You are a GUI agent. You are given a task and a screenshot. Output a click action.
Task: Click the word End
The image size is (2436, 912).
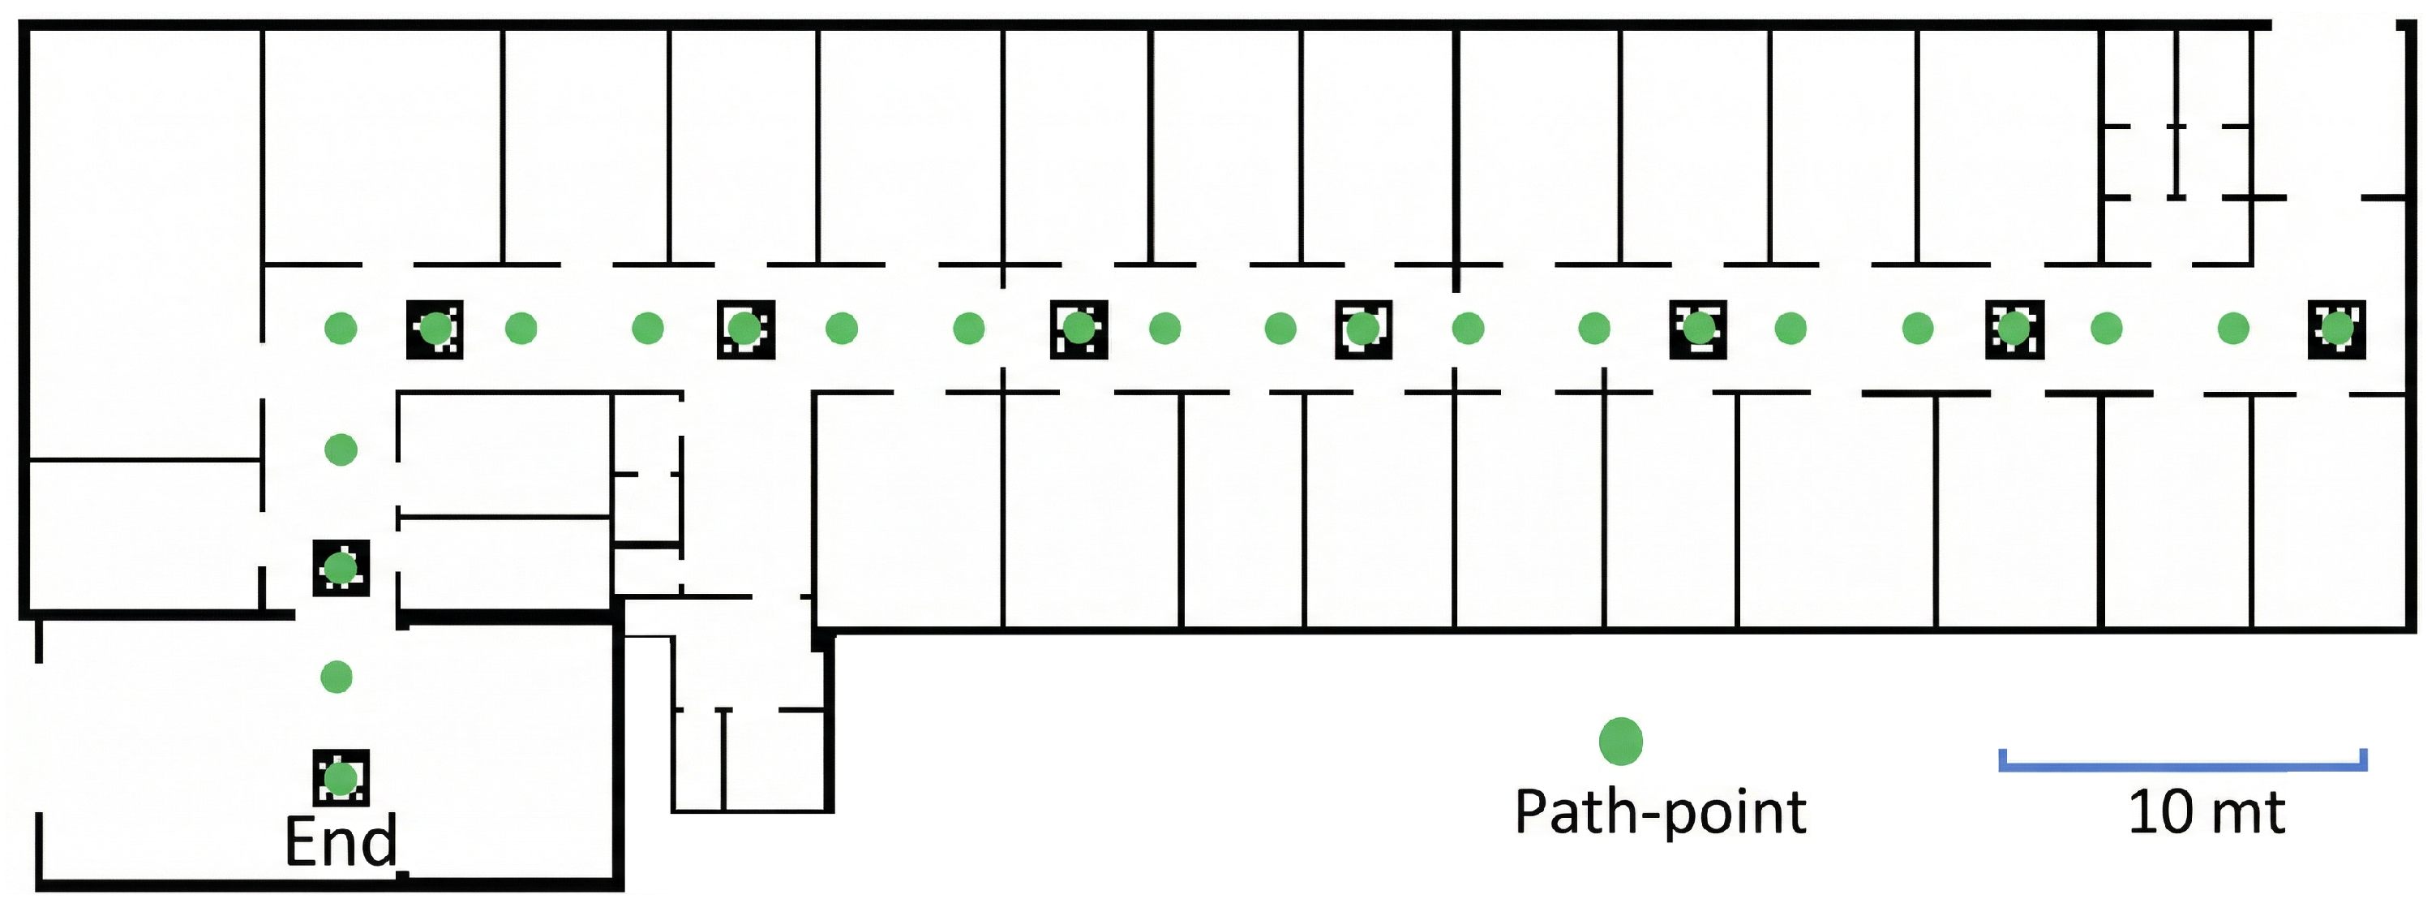[341, 841]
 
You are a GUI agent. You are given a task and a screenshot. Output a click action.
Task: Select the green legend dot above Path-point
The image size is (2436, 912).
[1620, 741]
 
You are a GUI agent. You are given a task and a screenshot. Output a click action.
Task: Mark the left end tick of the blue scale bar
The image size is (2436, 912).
[2002, 759]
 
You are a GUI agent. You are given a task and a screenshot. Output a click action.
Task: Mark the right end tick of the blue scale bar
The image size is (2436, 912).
[2364, 759]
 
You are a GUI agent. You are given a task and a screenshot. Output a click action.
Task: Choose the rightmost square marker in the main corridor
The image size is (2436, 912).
[2337, 329]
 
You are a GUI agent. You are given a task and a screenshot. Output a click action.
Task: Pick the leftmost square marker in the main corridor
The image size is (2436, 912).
[435, 329]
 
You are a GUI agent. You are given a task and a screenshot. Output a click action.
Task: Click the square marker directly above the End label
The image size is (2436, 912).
[341, 777]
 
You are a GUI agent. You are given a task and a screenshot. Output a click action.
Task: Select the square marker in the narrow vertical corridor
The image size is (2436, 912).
[341, 568]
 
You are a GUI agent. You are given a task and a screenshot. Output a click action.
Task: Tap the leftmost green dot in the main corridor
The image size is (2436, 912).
[341, 329]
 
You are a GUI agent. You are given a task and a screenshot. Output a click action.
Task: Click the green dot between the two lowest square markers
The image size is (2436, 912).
[337, 677]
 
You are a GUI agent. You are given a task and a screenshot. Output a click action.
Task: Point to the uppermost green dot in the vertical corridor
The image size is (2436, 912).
[341, 450]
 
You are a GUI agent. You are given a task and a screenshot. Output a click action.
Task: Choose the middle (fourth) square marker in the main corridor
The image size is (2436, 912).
[1362, 329]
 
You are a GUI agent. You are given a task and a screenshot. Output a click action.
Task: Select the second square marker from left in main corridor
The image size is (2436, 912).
[745, 329]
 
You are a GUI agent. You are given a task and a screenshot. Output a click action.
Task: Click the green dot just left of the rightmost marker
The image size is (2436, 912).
[2232, 329]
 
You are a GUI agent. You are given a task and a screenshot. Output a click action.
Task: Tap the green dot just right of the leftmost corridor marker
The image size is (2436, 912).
[521, 329]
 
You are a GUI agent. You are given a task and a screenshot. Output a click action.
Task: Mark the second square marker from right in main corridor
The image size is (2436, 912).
[2014, 329]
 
